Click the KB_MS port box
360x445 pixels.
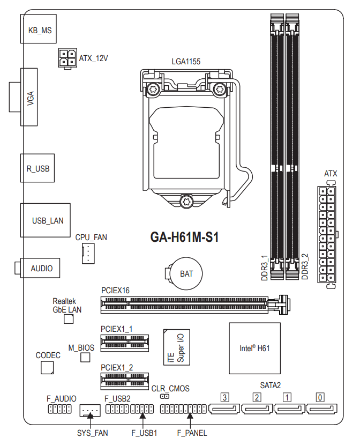(40, 31)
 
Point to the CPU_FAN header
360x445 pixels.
(88, 253)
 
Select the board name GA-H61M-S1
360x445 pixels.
(184, 238)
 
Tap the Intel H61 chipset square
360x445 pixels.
(254, 348)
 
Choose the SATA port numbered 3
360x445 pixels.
(225, 409)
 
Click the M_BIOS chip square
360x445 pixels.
(85, 357)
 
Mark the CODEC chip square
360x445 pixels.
(48, 367)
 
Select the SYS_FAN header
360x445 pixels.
(90, 411)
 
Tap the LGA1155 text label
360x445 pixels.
(186, 62)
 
